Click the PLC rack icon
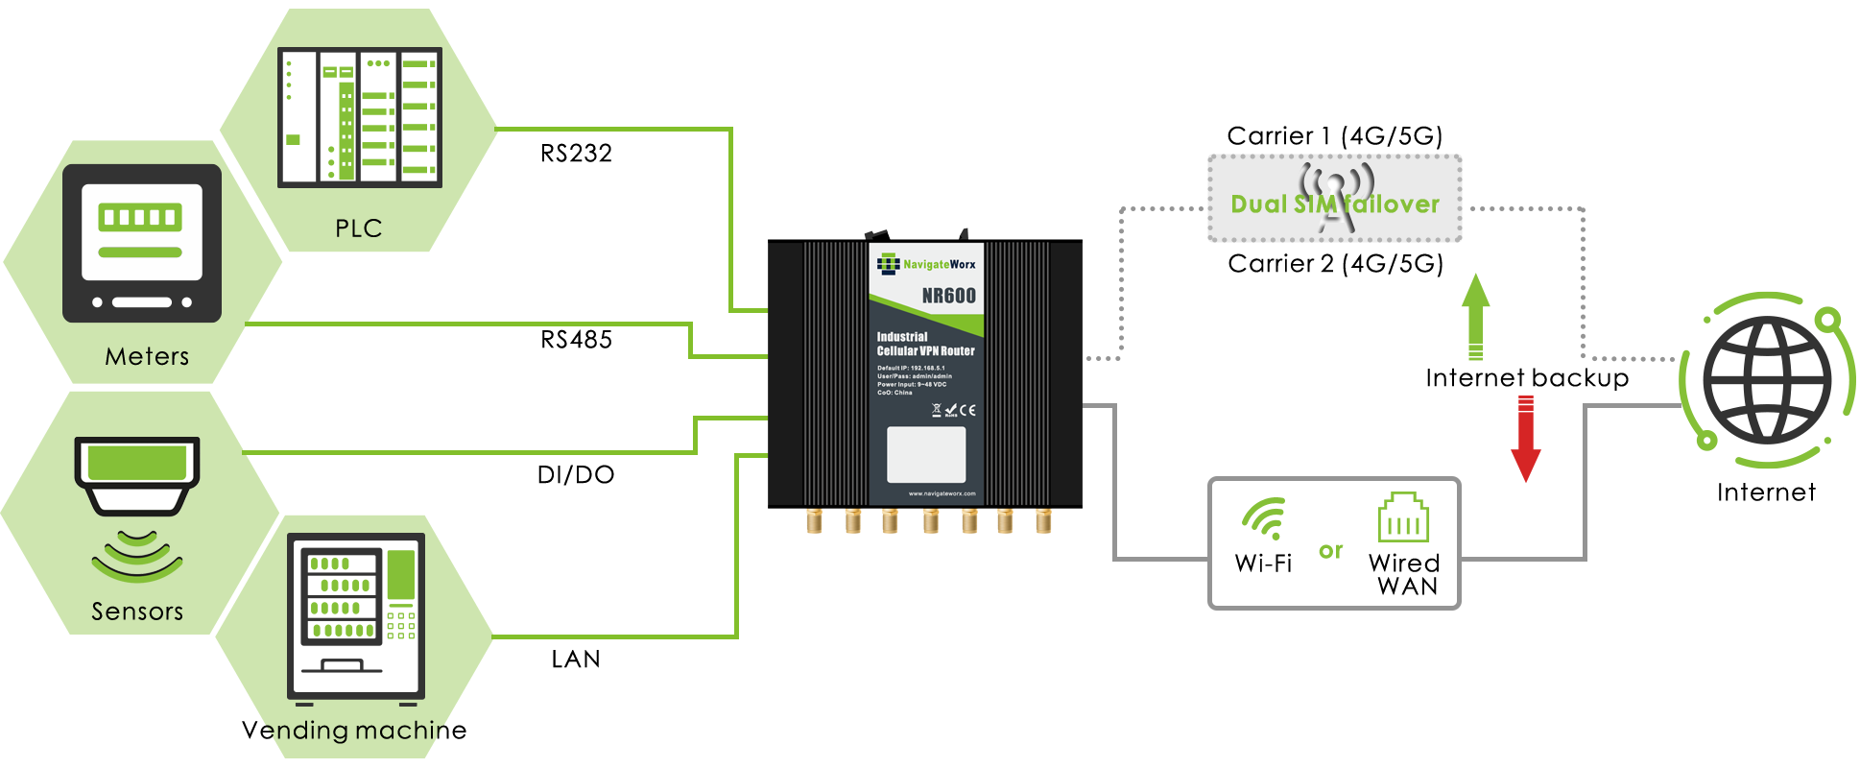pyautogui.click(x=360, y=117)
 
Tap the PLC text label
pyautogui.click(x=359, y=228)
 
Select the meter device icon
pyautogui.click(x=142, y=243)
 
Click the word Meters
pyautogui.click(x=147, y=357)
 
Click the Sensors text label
pyautogui.click(x=137, y=612)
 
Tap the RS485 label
pyautogui.click(x=576, y=340)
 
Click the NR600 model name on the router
pyautogui.click(x=948, y=296)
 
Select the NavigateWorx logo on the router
pyautogui.click(x=926, y=264)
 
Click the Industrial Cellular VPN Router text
pyautogui.click(x=925, y=344)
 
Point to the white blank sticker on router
pyautogui.click(x=926, y=454)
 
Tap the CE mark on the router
pyautogui.click(x=967, y=410)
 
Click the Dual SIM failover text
pyautogui.click(x=1335, y=204)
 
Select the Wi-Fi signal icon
pyautogui.click(x=1263, y=518)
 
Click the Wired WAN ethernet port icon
pyautogui.click(x=1403, y=518)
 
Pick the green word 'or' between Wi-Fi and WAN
pyautogui.click(x=1330, y=551)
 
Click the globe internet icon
pyautogui.click(x=1767, y=380)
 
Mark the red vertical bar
pyautogui.click(x=1525, y=442)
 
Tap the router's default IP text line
pyautogui.click(x=911, y=368)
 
